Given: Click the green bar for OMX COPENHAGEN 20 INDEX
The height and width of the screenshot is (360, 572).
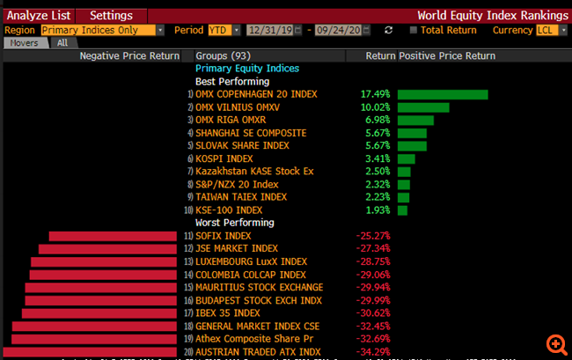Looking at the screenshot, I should pyautogui.click(x=443, y=94).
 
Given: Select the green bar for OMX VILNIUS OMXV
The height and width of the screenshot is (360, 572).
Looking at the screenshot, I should pyautogui.click(x=423, y=107).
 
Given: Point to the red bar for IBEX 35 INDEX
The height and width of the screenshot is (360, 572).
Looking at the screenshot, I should pyautogui.click(x=100, y=313).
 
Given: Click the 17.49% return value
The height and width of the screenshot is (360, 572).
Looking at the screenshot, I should pyautogui.click(x=374, y=94).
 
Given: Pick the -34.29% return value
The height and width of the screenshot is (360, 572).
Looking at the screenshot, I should pyautogui.click(x=373, y=352).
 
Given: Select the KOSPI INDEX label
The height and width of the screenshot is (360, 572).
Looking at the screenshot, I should pyautogui.click(x=224, y=158).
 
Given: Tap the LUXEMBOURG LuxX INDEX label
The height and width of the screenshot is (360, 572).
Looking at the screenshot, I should pyautogui.click(x=251, y=261).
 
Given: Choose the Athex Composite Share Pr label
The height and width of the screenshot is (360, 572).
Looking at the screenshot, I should pyautogui.click(x=253, y=339).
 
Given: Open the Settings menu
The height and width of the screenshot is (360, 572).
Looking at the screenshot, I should pyautogui.click(x=111, y=15).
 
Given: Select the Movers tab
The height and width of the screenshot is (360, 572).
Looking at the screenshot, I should pyautogui.click(x=24, y=42).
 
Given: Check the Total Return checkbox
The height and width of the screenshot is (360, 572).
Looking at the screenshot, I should pyautogui.click(x=414, y=30).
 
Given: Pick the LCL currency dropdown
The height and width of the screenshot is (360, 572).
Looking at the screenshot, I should pyautogui.click(x=551, y=30).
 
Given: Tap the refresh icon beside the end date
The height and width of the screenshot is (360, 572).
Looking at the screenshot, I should pyautogui.click(x=389, y=30).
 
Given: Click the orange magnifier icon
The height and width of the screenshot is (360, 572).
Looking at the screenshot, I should pyautogui.click(x=556, y=344).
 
